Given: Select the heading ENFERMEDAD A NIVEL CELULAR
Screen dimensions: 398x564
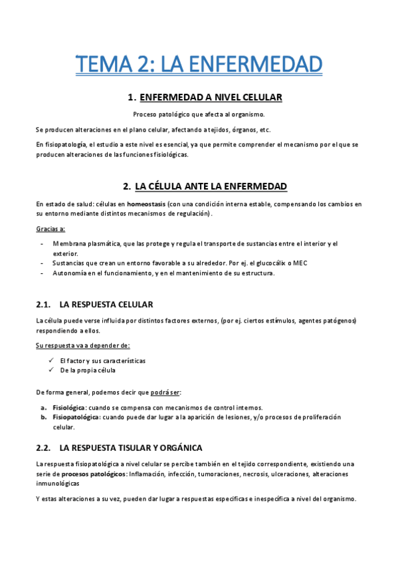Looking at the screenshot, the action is click(x=211, y=98).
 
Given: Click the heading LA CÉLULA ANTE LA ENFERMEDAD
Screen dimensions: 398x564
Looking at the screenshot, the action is click(x=211, y=186).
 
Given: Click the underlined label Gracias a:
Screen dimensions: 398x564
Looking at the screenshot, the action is click(x=50, y=229).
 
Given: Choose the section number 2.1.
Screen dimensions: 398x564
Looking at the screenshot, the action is click(x=43, y=305).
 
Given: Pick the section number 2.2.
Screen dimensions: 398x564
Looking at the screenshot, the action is click(x=43, y=448).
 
